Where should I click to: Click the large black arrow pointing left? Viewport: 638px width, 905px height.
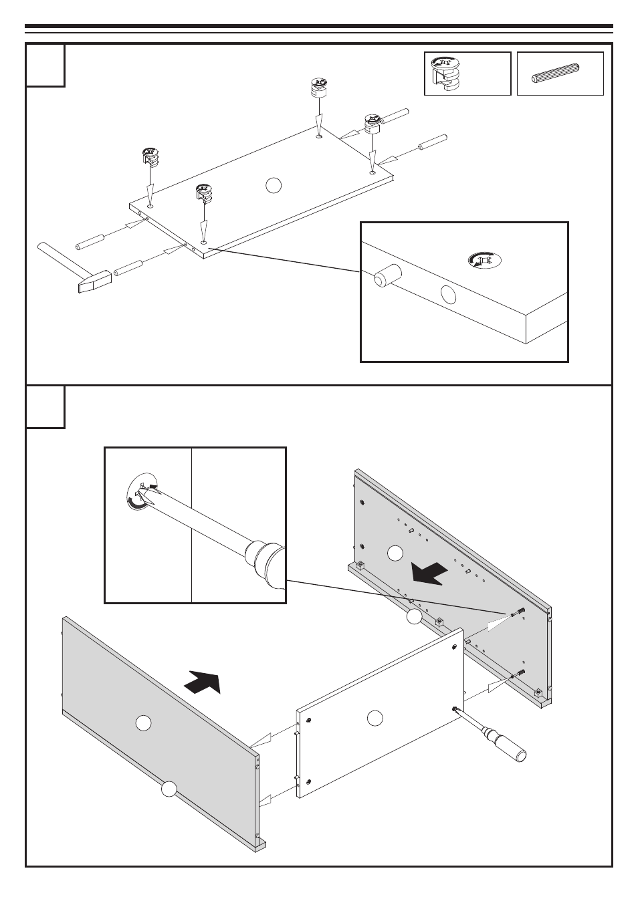pos(429,573)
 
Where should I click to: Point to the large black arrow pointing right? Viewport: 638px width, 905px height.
pos(203,681)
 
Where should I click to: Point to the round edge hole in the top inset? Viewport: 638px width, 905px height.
pos(449,295)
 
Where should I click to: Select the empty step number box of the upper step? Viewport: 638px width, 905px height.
pos(45,66)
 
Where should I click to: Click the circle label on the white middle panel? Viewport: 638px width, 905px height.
pos(375,718)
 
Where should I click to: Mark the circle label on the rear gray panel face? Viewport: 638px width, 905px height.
pos(395,553)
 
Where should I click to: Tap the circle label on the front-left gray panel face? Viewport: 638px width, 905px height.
pos(143,723)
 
